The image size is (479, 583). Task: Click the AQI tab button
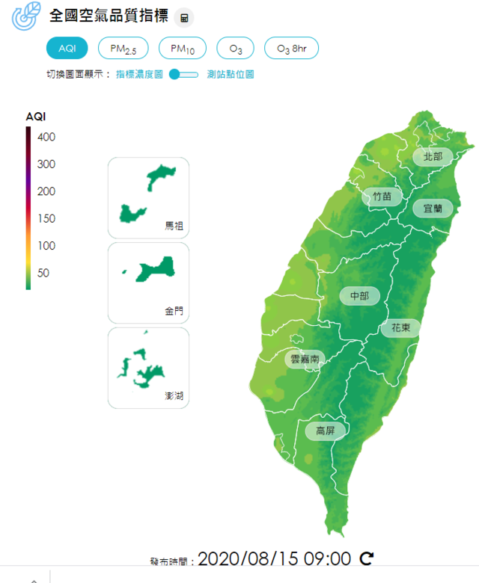point(67,48)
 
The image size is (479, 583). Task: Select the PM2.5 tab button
point(123,48)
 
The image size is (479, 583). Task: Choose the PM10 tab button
point(183,48)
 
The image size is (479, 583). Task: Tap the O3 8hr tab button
point(291,48)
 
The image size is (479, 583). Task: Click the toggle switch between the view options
point(183,74)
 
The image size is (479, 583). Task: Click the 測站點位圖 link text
point(231,74)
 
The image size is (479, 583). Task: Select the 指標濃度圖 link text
point(139,74)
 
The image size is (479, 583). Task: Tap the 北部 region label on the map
point(433,156)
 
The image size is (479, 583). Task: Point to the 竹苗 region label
point(382,197)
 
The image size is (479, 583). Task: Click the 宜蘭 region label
point(433,208)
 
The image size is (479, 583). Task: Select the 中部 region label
point(359,296)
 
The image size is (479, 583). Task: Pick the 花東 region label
point(400,327)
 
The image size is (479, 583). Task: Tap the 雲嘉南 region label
point(305,360)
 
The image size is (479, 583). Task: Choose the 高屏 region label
point(325,431)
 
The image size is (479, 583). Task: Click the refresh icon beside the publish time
point(367,558)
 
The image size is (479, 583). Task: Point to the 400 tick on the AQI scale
point(46,137)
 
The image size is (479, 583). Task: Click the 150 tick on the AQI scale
point(46,218)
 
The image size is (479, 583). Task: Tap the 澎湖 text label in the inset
point(174,395)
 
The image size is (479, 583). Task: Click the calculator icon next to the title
point(184,17)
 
